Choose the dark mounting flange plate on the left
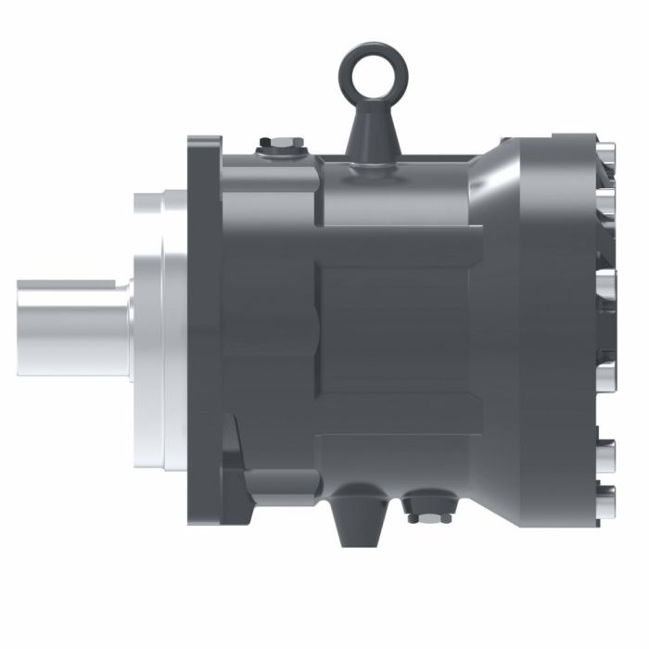tap(204, 329)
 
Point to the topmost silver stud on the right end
tap(607, 153)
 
